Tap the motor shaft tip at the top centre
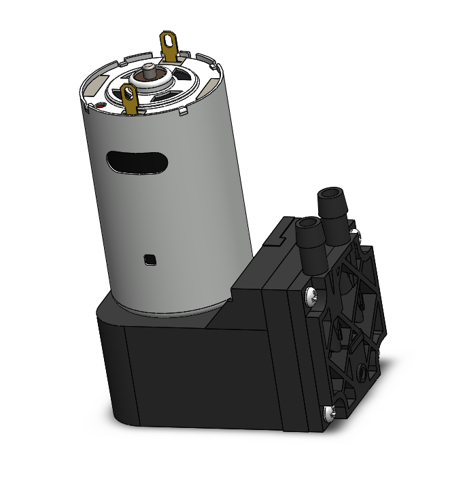149,67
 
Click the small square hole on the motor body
150,259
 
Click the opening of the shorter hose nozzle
307,224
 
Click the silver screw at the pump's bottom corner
330,411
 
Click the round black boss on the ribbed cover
361,371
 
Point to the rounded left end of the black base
109,367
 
